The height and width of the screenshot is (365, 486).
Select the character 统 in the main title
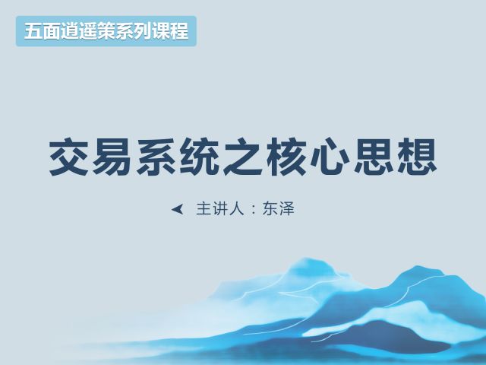point(200,157)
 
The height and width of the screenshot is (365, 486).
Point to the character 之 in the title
point(244,157)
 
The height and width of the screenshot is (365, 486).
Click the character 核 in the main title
point(287,157)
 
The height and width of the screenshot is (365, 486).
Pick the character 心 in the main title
point(330,157)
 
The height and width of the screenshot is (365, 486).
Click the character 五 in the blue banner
point(33,31)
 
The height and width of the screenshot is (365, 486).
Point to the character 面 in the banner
point(51,31)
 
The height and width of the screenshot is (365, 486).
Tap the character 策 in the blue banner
point(106,31)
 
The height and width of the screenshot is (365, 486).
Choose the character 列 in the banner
point(143,31)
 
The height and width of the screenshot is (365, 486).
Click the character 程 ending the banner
point(179,31)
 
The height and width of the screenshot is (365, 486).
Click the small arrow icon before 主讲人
point(178,209)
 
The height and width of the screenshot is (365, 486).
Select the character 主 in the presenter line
point(204,209)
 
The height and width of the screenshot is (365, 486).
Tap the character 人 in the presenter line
point(236,209)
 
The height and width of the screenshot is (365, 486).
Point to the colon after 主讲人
point(254,210)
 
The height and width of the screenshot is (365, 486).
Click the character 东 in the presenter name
point(270,209)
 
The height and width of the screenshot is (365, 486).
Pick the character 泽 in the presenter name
point(287,209)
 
